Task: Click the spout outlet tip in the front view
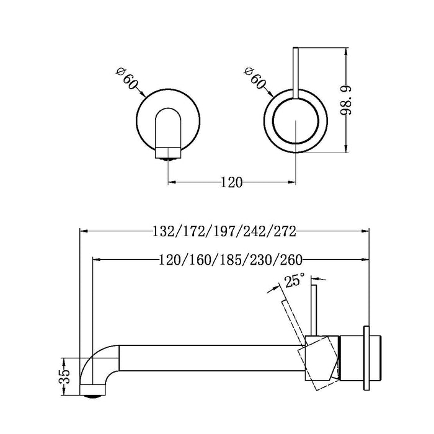(x=169, y=154)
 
